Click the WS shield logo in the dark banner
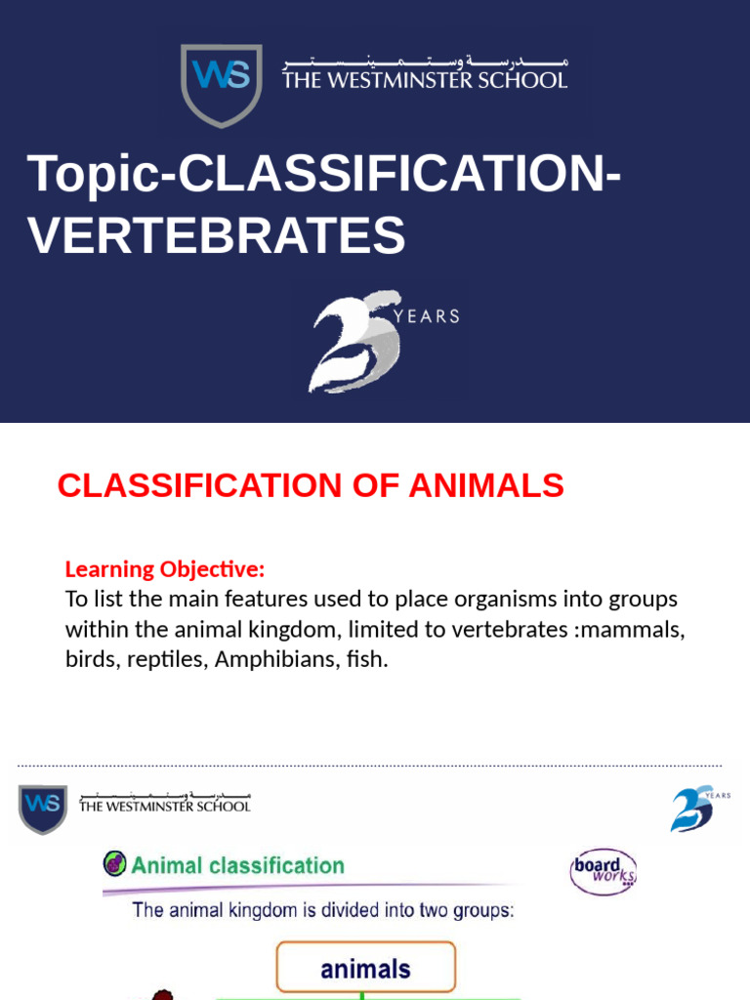(x=222, y=85)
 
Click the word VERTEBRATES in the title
(x=217, y=235)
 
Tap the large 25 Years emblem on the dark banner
(x=357, y=342)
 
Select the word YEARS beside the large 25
(x=427, y=316)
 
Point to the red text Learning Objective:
(x=165, y=569)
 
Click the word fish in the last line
(x=368, y=660)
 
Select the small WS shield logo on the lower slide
(x=43, y=808)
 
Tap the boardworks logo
(x=604, y=871)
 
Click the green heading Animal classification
(x=237, y=865)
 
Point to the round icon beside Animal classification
(x=115, y=864)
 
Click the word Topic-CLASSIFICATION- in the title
(x=325, y=174)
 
